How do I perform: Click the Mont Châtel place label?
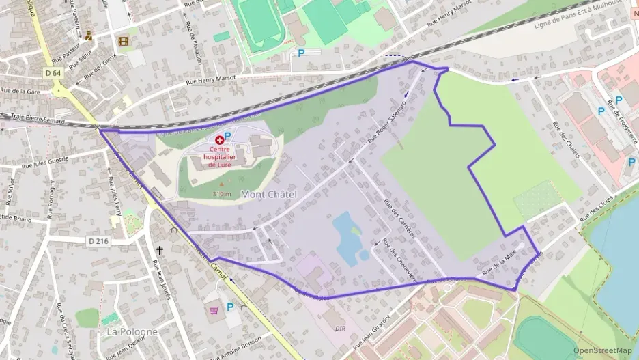pos(268,195)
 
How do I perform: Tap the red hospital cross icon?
pos(219,139)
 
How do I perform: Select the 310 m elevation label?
pos(222,194)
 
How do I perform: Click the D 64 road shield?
pos(53,73)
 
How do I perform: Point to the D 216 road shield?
pos(98,241)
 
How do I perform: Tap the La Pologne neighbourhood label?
pos(132,331)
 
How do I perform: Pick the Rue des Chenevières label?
pos(395,259)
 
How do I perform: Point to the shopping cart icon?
pos(214,309)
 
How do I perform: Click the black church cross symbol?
pos(160,251)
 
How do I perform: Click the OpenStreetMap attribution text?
pos(603,350)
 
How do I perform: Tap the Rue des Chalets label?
pos(566,139)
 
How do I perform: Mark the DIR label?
pos(341,329)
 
